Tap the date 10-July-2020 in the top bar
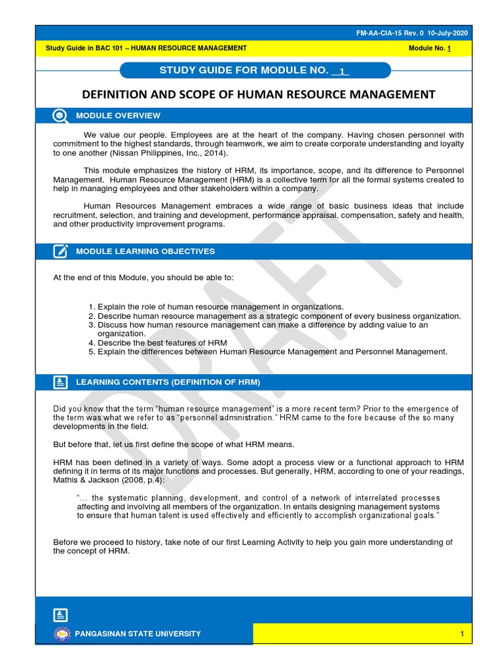[449, 33]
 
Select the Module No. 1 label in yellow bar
[429, 48]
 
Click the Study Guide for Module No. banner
[255, 71]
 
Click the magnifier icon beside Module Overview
[60, 116]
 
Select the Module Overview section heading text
[118, 116]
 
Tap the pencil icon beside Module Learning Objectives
[60, 251]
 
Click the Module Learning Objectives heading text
[145, 251]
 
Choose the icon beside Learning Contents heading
[60, 382]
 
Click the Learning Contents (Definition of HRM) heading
[168, 382]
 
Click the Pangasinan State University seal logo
[61, 633]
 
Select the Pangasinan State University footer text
[138, 633]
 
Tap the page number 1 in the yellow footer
[462, 633]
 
